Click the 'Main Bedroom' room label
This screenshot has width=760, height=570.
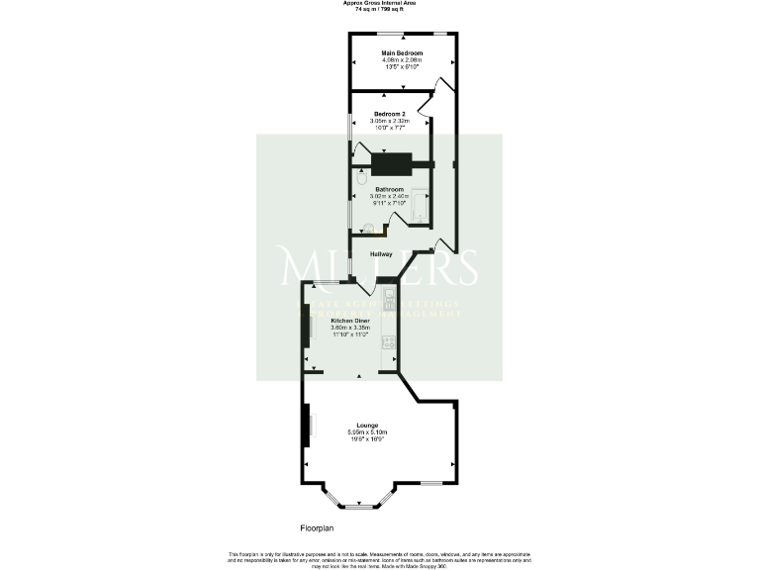click(402, 52)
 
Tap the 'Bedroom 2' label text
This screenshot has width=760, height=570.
click(389, 114)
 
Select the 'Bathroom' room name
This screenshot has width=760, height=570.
click(389, 189)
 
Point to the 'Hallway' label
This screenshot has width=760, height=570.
click(381, 254)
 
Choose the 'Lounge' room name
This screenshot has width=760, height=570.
click(367, 426)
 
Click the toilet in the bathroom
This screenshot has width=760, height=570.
click(360, 181)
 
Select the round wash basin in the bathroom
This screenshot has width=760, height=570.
click(368, 228)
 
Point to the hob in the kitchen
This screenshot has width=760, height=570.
click(391, 343)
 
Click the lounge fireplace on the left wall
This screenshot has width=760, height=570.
click(311, 426)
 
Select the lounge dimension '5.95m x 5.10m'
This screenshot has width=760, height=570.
click(367, 432)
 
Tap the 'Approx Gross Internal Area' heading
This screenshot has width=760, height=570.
click(380, 4)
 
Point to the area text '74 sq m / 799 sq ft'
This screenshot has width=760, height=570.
click(380, 10)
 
